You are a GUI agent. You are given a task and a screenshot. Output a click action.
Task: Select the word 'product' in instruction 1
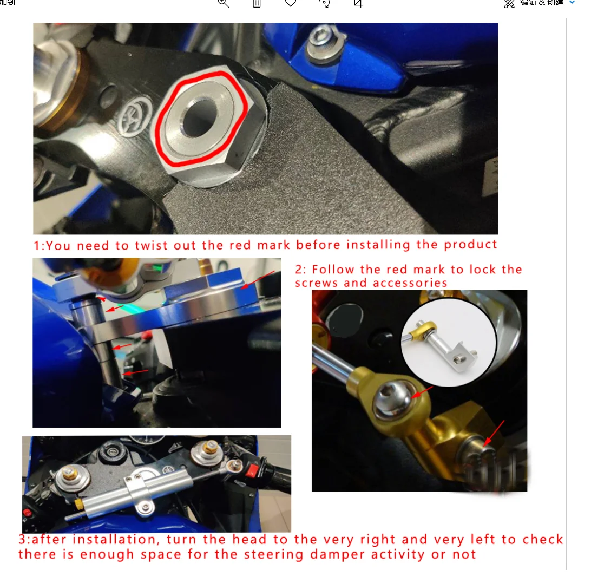pos(470,245)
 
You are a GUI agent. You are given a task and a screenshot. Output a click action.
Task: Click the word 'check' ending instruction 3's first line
pos(542,540)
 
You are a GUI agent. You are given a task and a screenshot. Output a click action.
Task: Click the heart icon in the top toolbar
pos(291,3)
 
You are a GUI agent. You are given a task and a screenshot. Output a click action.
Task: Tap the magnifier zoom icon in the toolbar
pos(224,3)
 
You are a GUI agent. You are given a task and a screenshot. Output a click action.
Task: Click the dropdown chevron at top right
pos(572,3)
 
